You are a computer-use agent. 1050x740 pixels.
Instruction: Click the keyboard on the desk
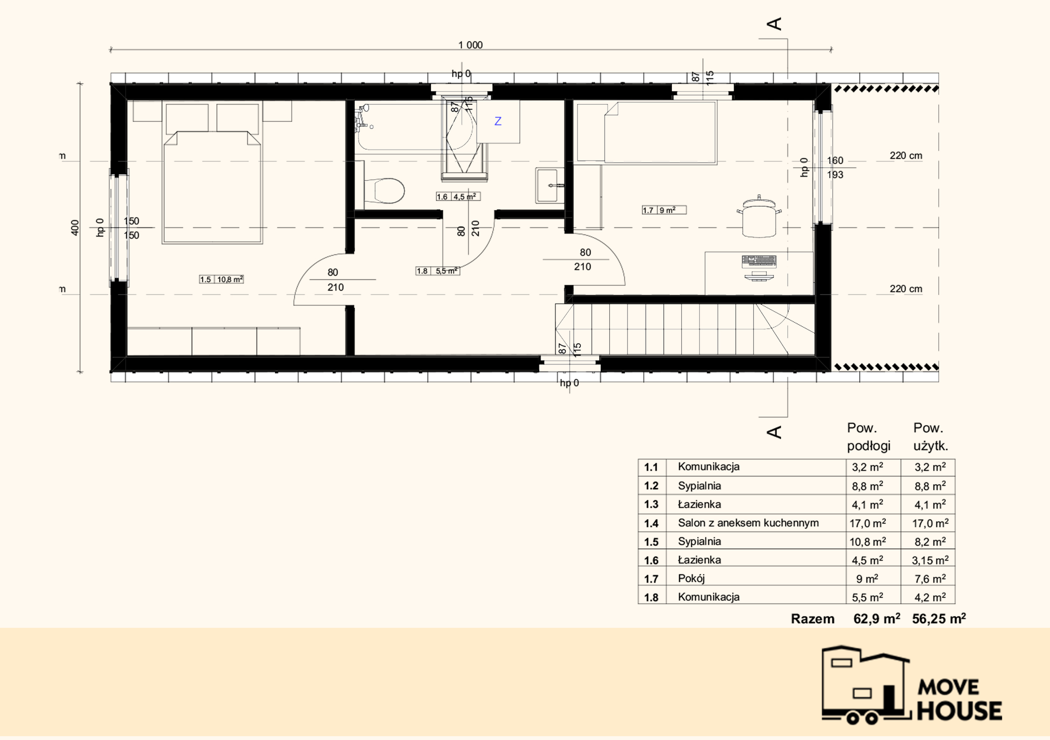point(759,261)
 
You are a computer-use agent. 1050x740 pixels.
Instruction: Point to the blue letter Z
point(498,121)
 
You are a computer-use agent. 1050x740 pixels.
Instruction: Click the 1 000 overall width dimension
point(470,45)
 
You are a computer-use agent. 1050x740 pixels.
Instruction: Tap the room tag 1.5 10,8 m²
point(221,279)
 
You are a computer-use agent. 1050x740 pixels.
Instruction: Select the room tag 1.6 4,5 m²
point(458,197)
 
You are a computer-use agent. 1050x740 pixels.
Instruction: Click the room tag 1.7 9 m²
point(664,210)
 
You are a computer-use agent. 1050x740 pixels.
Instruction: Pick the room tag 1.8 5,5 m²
point(438,271)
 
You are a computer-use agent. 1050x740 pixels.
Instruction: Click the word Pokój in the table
point(691,579)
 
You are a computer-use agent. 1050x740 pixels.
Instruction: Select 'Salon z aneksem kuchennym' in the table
point(748,523)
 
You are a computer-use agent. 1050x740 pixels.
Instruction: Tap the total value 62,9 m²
point(877,619)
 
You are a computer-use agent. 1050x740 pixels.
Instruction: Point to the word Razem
point(812,619)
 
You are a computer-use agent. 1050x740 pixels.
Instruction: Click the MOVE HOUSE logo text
point(959,700)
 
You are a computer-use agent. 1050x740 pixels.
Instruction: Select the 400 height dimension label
point(75,228)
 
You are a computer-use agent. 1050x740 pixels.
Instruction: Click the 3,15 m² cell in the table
point(930,560)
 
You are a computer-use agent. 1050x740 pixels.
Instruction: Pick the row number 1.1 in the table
point(651,467)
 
